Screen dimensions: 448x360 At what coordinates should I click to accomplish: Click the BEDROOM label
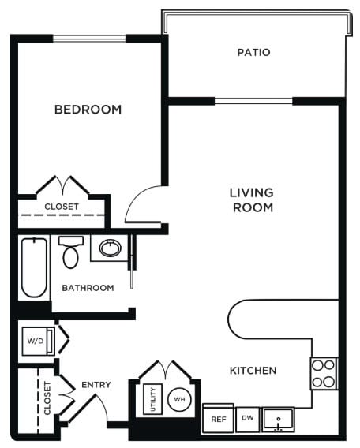click(88, 110)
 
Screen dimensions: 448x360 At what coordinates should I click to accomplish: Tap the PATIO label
click(253, 53)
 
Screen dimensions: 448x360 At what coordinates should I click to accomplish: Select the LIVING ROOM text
click(251, 200)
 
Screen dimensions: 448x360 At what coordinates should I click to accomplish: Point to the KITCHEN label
click(253, 371)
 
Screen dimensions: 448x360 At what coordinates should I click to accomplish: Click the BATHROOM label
click(87, 288)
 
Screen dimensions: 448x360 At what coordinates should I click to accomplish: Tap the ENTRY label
click(96, 385)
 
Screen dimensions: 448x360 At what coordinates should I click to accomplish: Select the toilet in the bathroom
click(70, 252)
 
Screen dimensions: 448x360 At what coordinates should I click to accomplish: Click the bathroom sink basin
click(108, 249)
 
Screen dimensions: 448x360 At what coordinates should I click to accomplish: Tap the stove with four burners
click(323, 373)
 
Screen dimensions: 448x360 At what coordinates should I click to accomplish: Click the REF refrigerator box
click(218, 420)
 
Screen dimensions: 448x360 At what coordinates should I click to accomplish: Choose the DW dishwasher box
click(247, 418)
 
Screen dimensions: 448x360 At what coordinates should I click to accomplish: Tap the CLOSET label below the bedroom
click(61, 207)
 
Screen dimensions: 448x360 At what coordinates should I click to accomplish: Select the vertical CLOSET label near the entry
click(47, 398)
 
